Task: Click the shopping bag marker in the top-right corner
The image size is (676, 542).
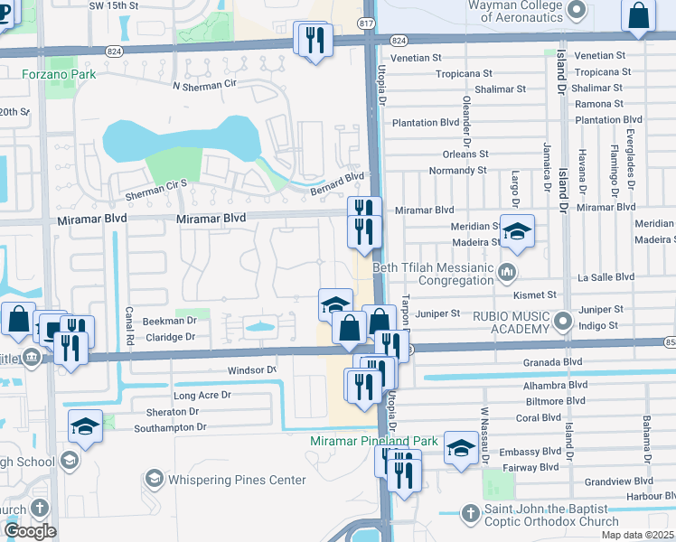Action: click(x=638, y=15)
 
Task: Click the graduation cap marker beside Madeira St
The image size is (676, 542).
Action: click(x=518, y=232)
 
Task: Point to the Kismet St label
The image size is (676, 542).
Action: click(x=532, y=294)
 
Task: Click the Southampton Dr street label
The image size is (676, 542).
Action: click(x=170, y=426)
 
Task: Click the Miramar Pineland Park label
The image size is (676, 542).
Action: click(x=373, y=441)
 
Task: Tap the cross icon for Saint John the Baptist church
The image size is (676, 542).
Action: click(x=469, y=513)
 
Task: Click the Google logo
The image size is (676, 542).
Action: click(x=31, y=531)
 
